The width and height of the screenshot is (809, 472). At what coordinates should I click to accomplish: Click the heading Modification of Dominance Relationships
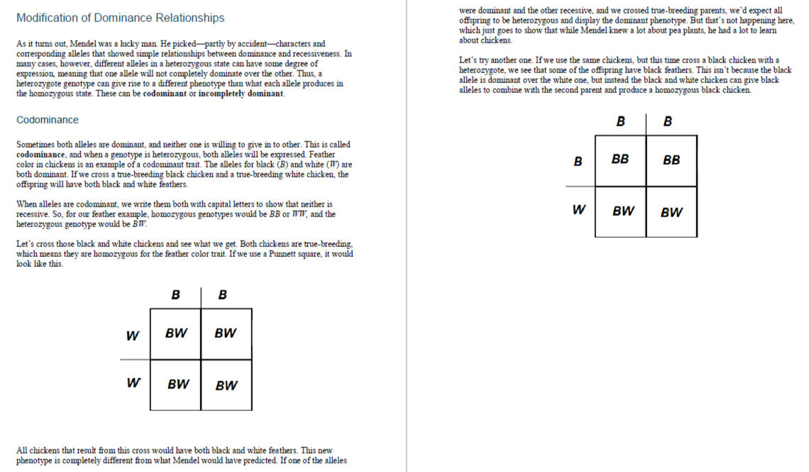click(120, 18)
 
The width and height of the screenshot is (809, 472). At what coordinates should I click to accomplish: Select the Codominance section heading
click(48, 120)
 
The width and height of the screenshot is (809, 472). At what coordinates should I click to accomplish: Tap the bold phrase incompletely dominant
click(241, 94)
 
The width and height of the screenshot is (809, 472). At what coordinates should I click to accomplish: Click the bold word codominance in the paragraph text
click(38, 154)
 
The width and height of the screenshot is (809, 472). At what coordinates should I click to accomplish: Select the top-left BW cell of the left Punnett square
click(175, 333)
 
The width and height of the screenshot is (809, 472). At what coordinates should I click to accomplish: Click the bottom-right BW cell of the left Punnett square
click(226, 385)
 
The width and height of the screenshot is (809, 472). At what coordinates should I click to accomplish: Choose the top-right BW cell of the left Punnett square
click(226, 333)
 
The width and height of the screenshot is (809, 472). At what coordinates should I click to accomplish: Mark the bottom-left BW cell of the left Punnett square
click(178, 385)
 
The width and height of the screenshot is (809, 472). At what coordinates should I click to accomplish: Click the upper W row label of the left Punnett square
click(133, 336)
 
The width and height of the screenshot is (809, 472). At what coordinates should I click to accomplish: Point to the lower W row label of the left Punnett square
click(133, 383)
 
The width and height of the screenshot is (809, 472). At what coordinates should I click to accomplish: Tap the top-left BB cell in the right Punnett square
click(620, 160)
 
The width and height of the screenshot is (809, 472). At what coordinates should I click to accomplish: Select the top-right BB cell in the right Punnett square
click(671, 160)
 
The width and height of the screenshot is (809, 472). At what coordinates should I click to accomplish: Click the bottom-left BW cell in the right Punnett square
click(623, 211)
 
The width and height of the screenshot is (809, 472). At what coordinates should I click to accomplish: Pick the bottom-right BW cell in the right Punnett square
click(671, 212)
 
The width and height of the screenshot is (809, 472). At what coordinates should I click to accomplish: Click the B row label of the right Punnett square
click(578, 162)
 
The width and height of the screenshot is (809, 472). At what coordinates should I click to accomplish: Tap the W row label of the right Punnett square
click(579, 209)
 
